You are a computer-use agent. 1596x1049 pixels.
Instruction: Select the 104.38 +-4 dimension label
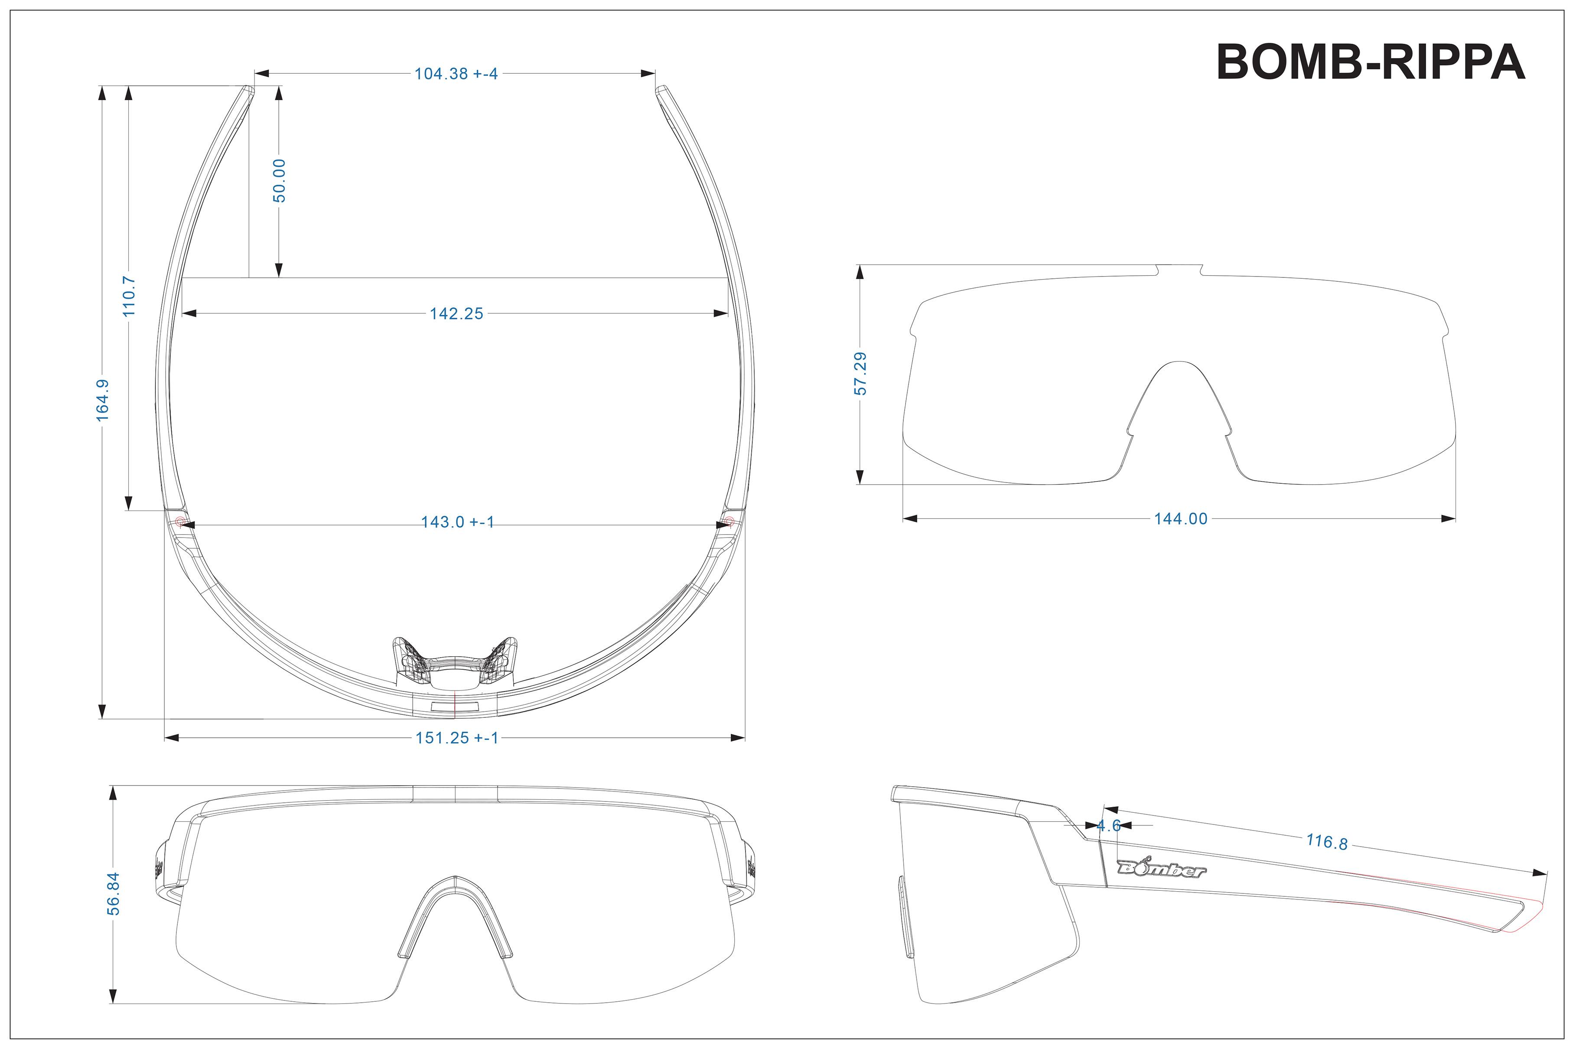pyautogui.click(x=456, y=74)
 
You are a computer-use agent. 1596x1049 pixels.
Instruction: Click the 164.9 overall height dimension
pyautogui.click(x=103, y=401)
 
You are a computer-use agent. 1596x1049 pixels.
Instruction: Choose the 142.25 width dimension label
pyautogui.click(x=456, y=314)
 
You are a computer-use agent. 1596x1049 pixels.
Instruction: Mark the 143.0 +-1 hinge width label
pyautogui.click(x=457, y=522)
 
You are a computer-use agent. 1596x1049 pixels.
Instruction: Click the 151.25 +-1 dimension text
pyautogui.click(x=457, y=738)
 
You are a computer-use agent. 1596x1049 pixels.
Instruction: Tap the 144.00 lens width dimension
pyautogui.click(x=1180, y=518)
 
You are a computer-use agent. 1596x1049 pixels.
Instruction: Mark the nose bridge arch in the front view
pyautogui.click(x=455, y=889)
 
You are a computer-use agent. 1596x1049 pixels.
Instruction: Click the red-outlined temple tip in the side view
pyautogui.click(x=1524, y=916)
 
